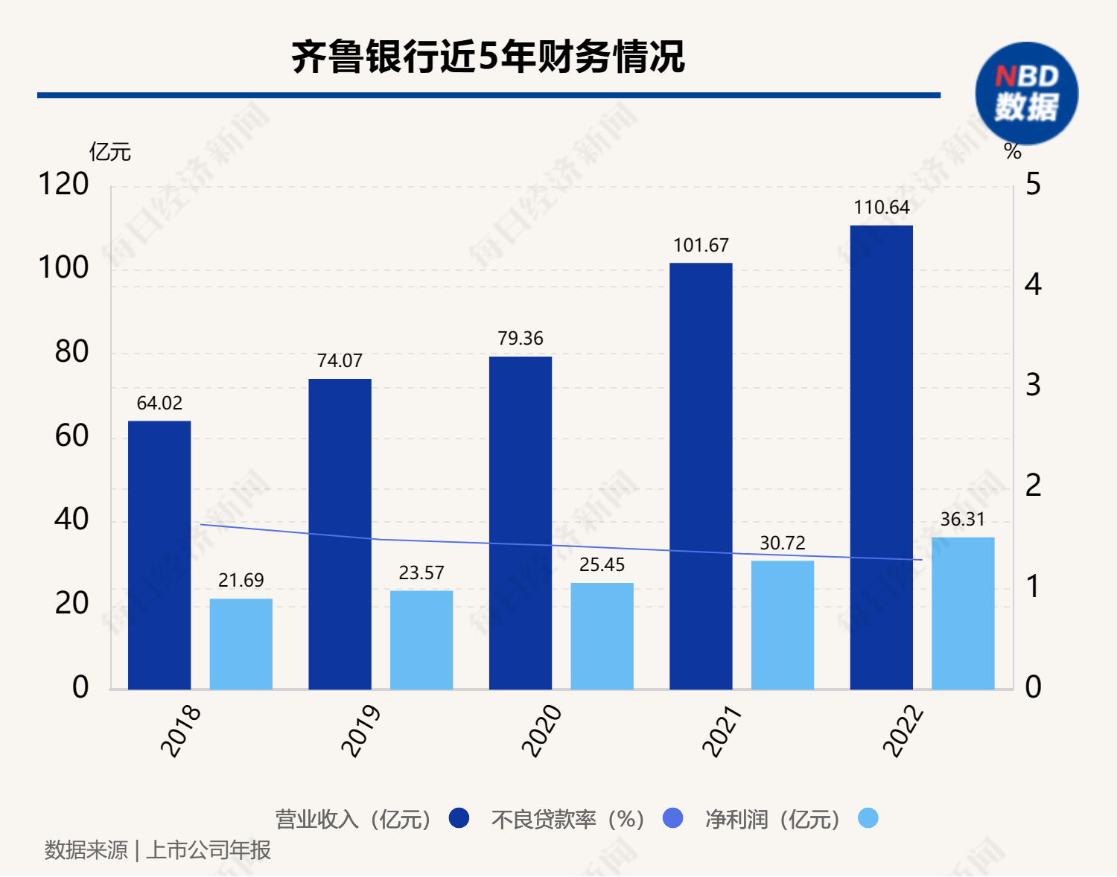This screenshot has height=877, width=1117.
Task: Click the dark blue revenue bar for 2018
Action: (x=159, y=555)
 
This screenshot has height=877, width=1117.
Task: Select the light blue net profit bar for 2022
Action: (x=963, y=613)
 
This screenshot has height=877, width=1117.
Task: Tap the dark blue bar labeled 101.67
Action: (x=701, y=476)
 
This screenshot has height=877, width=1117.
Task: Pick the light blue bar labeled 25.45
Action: (x=602, y=636)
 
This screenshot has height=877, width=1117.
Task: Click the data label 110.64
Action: (x=882, y=208)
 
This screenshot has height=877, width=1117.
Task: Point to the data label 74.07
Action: (x=340, y=361)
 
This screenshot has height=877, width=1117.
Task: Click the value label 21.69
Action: (x=241, y=581)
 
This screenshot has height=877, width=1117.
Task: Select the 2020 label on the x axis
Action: (x=541, y=731)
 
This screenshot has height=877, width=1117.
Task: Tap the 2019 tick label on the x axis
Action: (x=361, y=731)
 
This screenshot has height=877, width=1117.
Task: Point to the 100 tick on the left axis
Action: (x=63, y=268)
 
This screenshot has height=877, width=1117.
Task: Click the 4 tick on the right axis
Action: (x=1033, y=284)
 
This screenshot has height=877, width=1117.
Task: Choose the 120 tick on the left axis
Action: (x=63, y=184)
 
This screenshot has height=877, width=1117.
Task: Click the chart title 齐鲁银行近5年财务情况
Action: (x=488, y=57)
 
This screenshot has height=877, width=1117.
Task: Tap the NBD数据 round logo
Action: (x=1027, y=94)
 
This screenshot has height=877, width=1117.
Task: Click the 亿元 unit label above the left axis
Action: (x=110, y=153)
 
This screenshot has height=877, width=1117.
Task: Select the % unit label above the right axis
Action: (x=1013, y=152)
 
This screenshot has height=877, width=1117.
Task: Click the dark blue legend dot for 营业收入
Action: (x=459, y=818)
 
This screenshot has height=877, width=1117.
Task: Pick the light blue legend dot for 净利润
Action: (x=868, y=818)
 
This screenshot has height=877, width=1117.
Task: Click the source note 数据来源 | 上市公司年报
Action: (x=158, y=850)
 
